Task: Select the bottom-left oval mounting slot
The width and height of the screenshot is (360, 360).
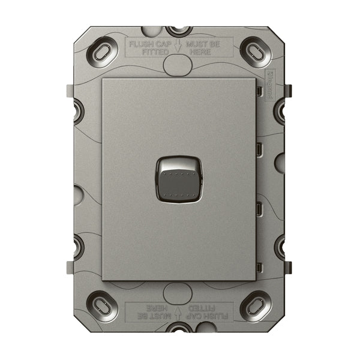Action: click(x=103, y=305)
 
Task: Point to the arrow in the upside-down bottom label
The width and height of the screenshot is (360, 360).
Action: click(x=178, y=312)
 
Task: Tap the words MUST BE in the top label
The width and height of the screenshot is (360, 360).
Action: click(x=205, y=44)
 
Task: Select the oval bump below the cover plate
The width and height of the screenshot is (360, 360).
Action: click(x=178, y=292)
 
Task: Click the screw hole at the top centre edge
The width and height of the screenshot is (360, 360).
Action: click(x=178, y=30)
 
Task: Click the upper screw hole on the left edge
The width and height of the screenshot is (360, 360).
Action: click(x=77, y=109)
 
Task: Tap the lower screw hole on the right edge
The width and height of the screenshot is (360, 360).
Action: click(x=281, y=247)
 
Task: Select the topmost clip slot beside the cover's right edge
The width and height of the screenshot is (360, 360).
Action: click(x=259, y=91)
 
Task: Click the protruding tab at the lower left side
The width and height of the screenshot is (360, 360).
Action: click(x=70, y=267)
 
